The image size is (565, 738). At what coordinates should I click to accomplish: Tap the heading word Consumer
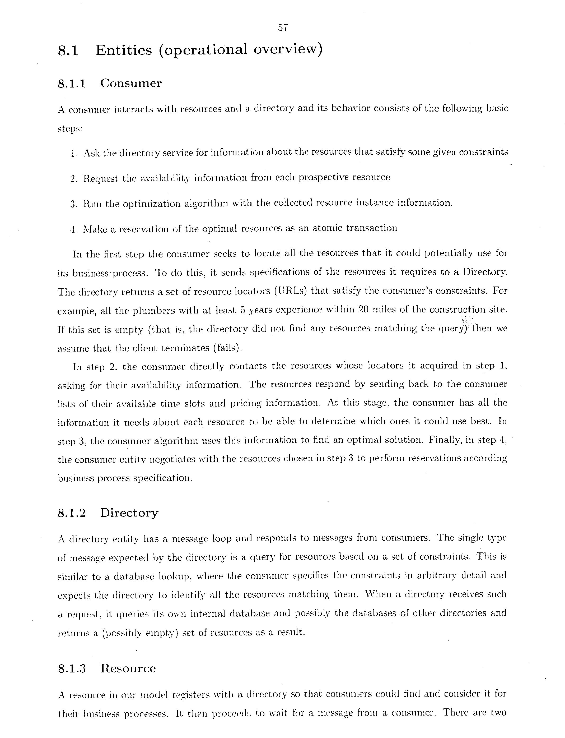[131, 83]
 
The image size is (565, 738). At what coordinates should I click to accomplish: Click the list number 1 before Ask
[73, 154]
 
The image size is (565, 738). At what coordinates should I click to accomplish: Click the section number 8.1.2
[72, 513]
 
